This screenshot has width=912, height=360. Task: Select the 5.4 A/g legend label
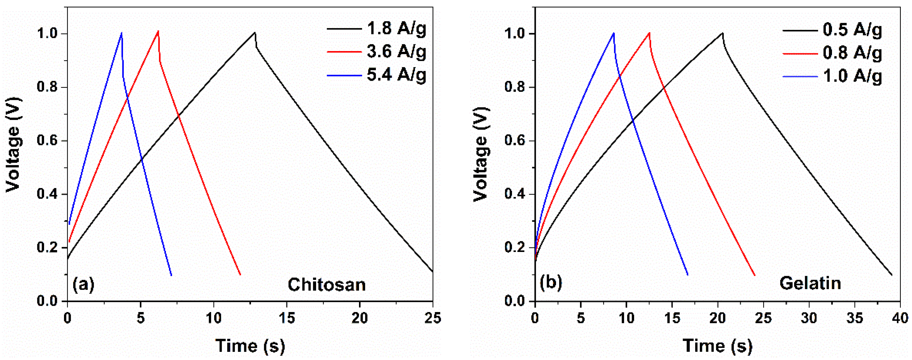[396, 75]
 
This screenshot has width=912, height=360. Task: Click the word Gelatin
[810, 283]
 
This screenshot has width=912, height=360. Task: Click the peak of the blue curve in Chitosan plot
[122, 33]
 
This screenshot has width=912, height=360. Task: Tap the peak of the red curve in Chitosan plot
[158, 31]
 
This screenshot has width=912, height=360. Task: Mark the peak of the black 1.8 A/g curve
[255, 33]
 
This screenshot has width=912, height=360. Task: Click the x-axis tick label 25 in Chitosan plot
[433, 318]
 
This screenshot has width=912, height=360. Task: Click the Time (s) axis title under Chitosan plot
[250, 346]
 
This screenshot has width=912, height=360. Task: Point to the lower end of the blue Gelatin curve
[687, 275]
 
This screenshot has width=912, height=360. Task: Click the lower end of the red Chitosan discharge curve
[240, 274]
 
